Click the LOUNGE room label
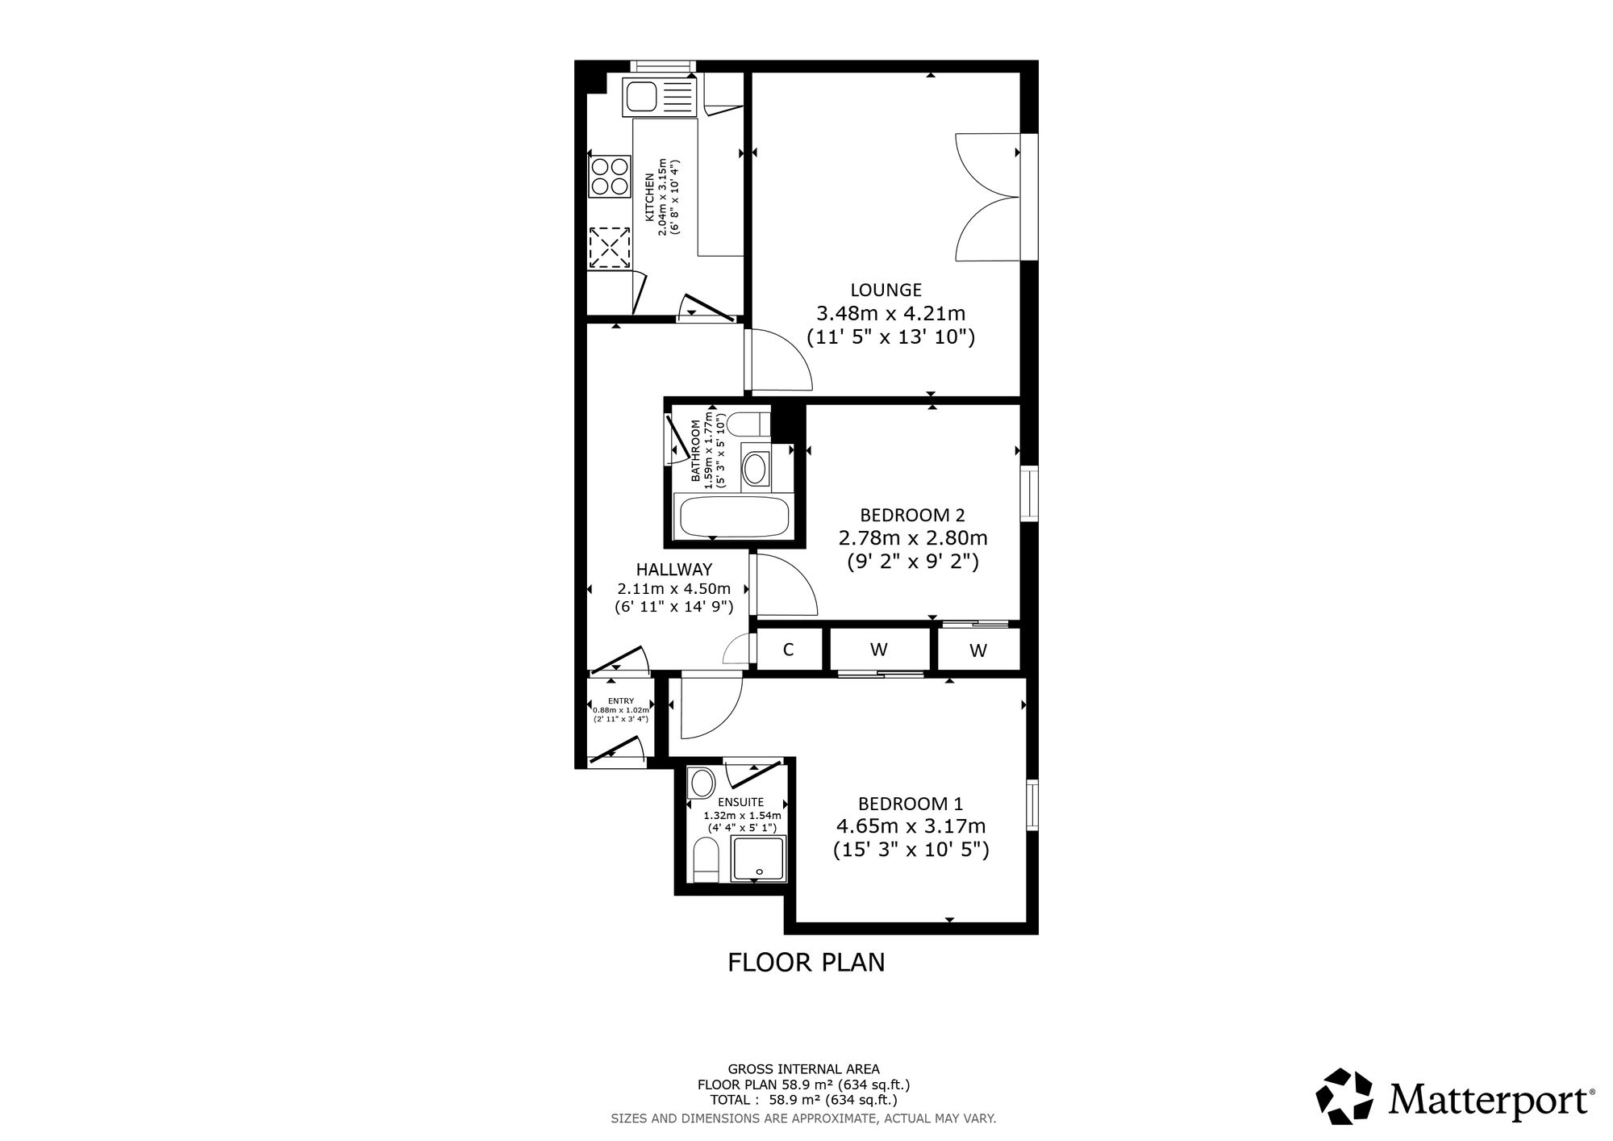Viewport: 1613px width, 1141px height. click(886, 290)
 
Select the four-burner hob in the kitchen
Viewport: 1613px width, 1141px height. click(609, 176)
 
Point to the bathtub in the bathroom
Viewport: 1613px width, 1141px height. click(734, 515)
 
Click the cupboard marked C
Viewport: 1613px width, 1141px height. click(789, 650)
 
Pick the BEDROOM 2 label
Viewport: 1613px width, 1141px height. click(913, 515)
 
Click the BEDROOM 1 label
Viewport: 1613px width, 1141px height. click(911, 804)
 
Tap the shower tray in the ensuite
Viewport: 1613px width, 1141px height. click(758, 859)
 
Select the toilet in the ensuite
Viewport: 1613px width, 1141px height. click(704, 861)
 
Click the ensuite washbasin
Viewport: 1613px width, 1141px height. click(702, 782)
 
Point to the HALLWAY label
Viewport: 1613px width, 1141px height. click(674, 570)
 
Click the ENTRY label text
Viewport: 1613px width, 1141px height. click(621, 700)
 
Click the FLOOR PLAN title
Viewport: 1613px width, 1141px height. click(806, 963)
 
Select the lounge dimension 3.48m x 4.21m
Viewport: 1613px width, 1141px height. click(891, 313)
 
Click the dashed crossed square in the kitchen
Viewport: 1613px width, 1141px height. click(609, 247)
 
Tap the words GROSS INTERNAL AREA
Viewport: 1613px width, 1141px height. click(804, 1069)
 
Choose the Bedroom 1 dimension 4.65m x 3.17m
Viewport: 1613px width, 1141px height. click(911, 827)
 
